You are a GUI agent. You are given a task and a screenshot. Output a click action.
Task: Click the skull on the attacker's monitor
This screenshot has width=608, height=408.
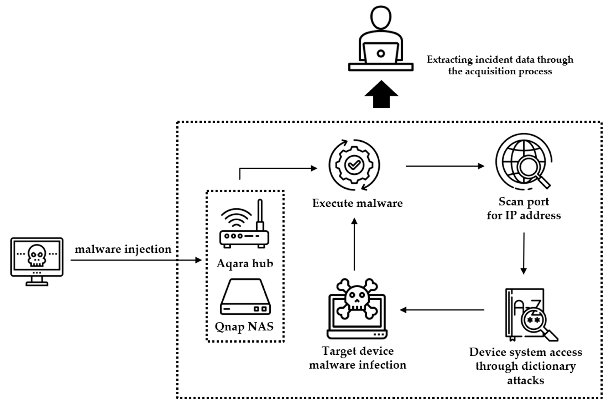click(x=37, y=255)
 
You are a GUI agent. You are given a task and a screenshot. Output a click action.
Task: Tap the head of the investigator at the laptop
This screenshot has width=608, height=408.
click(x=380, y=18)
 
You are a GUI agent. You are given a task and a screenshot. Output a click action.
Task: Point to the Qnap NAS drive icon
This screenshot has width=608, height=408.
click(x=245, y=297)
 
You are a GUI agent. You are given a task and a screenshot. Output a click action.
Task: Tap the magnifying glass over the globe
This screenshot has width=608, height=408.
click(x=529, y=168)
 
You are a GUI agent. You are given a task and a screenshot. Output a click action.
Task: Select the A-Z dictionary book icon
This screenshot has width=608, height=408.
click(x=525, y=314)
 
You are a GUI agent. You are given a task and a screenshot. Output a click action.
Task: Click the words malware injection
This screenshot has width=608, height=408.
click(x=123, y=249)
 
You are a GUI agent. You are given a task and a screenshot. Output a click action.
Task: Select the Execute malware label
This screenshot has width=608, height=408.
click(x=357, y=203)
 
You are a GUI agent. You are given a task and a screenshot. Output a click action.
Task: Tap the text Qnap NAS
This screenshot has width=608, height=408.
click(x=244, y=327)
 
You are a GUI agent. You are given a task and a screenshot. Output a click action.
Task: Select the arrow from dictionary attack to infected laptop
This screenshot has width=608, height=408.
click(x=442, y=310)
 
